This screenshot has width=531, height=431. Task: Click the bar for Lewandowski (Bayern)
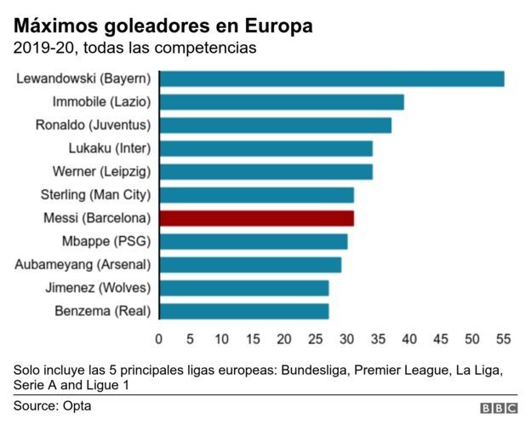click(x=332, y=79)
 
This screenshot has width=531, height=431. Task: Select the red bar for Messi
click(x=256, y=218)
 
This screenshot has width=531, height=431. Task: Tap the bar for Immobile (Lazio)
click(x=282, y=102)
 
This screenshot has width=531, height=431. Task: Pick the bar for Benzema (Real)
click(x=244, y=311)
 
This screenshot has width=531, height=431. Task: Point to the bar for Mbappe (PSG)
click(x=254, y=241)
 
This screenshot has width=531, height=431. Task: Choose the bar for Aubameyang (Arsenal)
click(x=250, y=264)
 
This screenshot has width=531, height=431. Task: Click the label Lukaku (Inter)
click(x=109, y=148)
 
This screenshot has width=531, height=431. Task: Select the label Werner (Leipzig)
click(x=101, y=171)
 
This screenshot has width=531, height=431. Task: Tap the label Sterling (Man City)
click(x=95, y=195)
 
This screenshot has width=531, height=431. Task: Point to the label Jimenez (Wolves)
click(x=98, y=288)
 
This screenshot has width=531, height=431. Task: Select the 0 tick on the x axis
click(x=159, y=339)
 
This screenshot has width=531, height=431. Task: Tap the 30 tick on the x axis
click(x=347, y=339)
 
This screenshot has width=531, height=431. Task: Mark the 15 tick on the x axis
click(x=253, y=339)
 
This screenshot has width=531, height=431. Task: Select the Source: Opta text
click(x=52, y=406)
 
